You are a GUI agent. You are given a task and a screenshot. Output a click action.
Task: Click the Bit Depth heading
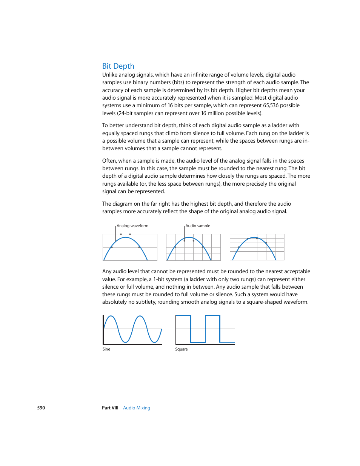[118, 66]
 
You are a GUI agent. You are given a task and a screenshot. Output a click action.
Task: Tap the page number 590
[41, 408]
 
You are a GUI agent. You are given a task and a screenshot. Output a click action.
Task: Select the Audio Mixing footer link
[137, 408]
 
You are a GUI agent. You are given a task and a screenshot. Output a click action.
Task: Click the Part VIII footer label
[110, 408]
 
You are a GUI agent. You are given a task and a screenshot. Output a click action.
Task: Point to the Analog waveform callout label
[132, 226]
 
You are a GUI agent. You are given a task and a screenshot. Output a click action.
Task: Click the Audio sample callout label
[198, 226]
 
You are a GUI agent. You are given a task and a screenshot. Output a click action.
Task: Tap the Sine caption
[106, 349]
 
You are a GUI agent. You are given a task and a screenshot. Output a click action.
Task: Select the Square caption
[181, 349]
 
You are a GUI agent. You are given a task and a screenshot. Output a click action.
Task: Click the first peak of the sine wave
[110, 316]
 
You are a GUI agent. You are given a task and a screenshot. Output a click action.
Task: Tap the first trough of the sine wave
[125, 342]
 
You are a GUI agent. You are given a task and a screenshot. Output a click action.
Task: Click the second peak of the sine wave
[140, 316]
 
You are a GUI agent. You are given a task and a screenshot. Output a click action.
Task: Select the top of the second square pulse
[212, 316]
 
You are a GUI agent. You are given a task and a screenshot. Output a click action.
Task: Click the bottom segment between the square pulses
[198, 342]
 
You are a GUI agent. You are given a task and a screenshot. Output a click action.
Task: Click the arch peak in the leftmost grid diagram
[126, 237]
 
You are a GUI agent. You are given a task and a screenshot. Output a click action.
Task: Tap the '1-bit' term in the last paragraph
[161, 279]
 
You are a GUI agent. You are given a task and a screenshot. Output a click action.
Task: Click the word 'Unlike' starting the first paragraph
[110, 75]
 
